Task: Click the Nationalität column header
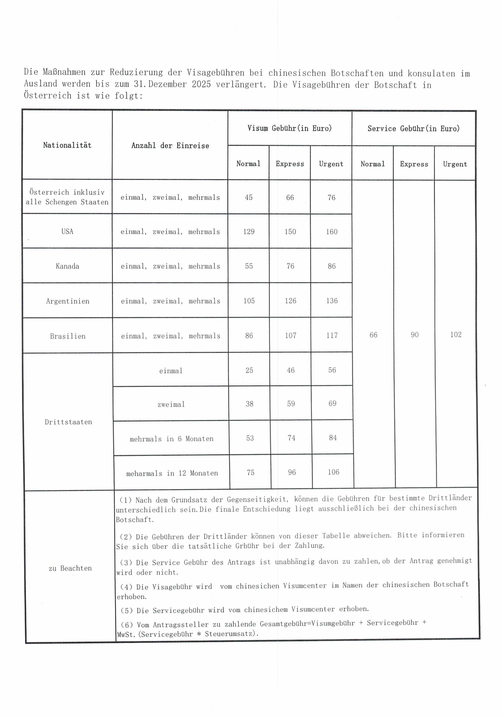pyautogui.click(x=67, y=145)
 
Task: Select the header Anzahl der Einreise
pyautogui.click(x=170, y=146)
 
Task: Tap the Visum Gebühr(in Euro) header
pyautogui.click(x=289, y=128)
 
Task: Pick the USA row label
pyautogui.click(x=67, y=231)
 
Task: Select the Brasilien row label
pyautogui.click(x=68, y=336)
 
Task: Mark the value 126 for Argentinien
pyautogui.click(x=290, y=301)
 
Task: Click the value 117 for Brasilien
pyautogui.click(x=332, y=335)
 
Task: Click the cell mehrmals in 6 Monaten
pyautogui.click(x=172, y=439)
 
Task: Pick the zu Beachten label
pyautogui.click(x=70, y=568)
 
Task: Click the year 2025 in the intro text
pyautogui.click(x=201, y=84)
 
